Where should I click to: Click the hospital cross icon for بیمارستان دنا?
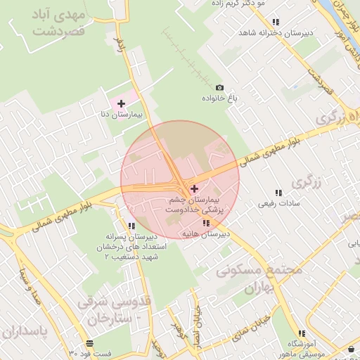[x=122, y=103]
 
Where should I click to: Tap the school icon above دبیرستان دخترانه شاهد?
[x=276, y=22]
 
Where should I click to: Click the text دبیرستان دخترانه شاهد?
[x=275, y=32]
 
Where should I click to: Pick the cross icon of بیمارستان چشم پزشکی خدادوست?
[x=195, y=188]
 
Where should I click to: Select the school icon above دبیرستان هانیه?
[x=205, y=223]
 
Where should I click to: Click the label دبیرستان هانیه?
[x=205, y=233]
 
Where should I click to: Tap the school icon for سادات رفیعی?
[x=278, y=193]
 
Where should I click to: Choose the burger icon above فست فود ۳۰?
[x=89, y=343]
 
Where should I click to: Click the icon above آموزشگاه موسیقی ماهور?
[x=302, y=333]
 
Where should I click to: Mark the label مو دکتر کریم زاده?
[x=239, y=4]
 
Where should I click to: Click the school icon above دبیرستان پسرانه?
[x=131, y=226]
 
